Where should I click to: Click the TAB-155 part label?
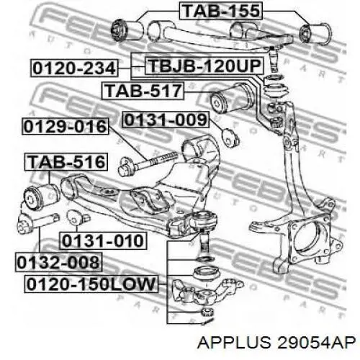click(x=221, y=11)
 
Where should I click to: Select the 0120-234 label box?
click(x=74, y=68)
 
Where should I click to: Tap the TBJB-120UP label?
click(x=204, y=66)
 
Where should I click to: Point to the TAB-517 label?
click(x=143, y=91)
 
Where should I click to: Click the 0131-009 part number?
click(x=166, y=120)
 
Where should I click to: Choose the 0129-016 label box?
click(x=66, y=126)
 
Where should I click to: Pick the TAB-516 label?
click(x=66, y=161)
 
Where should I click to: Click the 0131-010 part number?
click(x=103, y=240)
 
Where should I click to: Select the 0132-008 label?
click(x=59, y=262)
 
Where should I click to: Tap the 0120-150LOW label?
click(x=91, y=284)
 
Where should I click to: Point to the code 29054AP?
click(x=316, y=342)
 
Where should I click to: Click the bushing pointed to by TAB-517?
click(x=231, y=98)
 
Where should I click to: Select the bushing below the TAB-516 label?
click(x=42, y=196)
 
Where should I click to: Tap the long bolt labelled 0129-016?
click(x=148, y=163)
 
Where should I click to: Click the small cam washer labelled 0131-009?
click(x=231, y=138)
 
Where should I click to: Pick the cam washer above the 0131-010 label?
click(x=78, y=217)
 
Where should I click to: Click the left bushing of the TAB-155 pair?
click(x=127, y=30)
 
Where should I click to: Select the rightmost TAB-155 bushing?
click(x=315, y=34)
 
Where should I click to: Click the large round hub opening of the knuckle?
click(x=310, y=240)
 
